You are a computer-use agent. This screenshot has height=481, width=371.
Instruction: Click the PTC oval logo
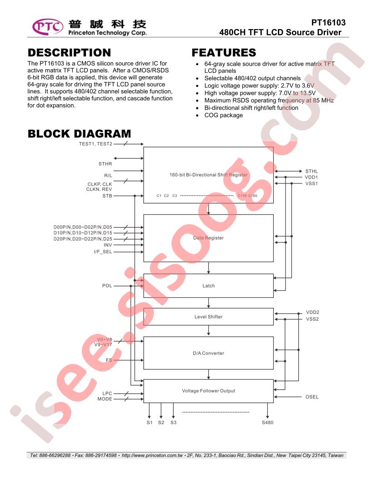[x=48, y=27]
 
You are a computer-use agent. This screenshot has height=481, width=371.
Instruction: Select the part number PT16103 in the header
[x=328, y=23]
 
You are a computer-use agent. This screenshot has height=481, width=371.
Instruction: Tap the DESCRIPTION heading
[x=69, y=52]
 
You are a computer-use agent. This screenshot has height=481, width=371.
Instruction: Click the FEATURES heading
[x=224, y=52]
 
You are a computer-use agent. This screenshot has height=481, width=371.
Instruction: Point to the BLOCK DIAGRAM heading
[x=79, y=134]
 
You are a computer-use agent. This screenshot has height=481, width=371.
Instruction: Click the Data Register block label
[x=208, y=238]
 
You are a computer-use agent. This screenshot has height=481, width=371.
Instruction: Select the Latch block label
[x=208, y=286]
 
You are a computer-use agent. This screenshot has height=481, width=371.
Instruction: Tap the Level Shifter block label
[x=208, y=317]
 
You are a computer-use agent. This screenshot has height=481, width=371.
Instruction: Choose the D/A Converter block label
[x=208, y=353]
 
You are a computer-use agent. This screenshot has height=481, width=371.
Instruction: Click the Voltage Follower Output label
[x=208, y=391]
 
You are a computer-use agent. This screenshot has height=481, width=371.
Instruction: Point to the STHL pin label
[x=311, y=171]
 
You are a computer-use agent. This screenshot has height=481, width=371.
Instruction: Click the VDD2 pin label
[x=312, y=312]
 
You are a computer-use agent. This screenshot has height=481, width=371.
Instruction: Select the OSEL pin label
[x=312, y=397]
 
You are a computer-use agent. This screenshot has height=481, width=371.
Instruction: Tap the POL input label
[x=107, y=286]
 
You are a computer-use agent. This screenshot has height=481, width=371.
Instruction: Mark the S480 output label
[x=267, y=422]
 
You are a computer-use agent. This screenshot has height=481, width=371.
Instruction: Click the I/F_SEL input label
[x=103, y=252]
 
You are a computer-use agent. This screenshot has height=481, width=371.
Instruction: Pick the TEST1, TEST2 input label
[x=95, y=143]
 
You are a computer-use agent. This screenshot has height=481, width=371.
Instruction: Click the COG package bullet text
[x=223, y=115]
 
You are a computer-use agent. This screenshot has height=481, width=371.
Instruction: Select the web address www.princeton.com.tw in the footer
[x=152, y=455]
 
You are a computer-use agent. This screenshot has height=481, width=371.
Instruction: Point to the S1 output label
[x=150, y=422]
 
